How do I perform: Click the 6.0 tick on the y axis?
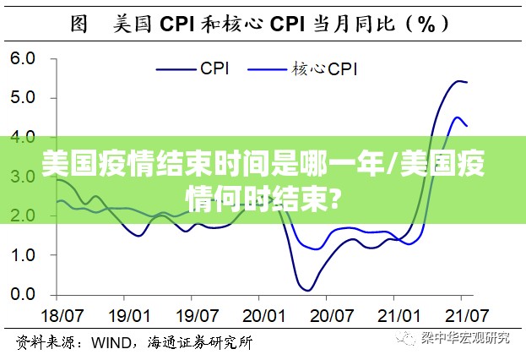click(23, 59)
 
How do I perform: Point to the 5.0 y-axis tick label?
click(23, 98)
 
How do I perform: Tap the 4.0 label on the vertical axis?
click(23, 137)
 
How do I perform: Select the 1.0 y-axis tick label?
click(23, 255)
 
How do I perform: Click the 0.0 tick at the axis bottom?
click(23, 295)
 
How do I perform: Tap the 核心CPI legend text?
click(325, 68)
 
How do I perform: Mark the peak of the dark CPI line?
click(459, 81)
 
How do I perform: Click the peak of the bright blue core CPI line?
click(458, 117)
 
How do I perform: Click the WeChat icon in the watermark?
click(409, 338)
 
